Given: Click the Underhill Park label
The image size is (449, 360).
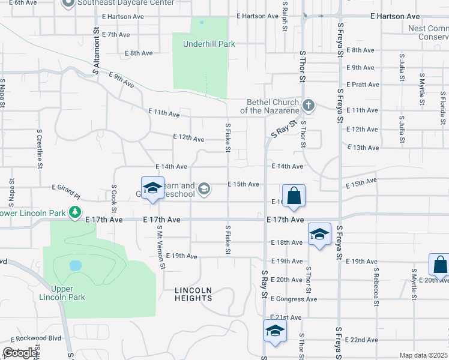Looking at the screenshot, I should (x=201, y=44).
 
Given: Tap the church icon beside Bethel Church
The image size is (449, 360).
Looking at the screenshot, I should (x=309, y=106).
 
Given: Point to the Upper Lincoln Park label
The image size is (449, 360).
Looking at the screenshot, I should (x=62, y=292).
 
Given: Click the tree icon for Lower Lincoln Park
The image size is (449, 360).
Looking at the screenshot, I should (x=74, y=212).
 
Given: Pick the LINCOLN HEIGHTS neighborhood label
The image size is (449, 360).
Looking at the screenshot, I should (x=193, y=294).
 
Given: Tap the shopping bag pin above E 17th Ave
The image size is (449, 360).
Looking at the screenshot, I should (x=294, y=196).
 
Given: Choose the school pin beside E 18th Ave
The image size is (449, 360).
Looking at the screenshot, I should (x=320, y=235).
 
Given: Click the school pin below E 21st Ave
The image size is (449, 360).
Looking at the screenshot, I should (x=275, y=331).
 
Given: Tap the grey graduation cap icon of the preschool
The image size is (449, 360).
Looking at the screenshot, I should (x=204, y=190).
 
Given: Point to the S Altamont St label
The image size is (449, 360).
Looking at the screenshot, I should (x=95, y=51).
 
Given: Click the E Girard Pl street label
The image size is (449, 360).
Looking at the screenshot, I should (x=65, y=191).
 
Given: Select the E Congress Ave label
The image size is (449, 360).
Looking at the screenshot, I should (x=294, y=299).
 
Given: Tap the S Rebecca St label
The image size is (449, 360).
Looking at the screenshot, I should (x=375, y=287).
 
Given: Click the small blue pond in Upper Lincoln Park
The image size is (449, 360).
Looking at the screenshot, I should (x=75, y=265).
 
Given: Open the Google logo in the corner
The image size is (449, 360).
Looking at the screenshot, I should (x=20, y=353).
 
